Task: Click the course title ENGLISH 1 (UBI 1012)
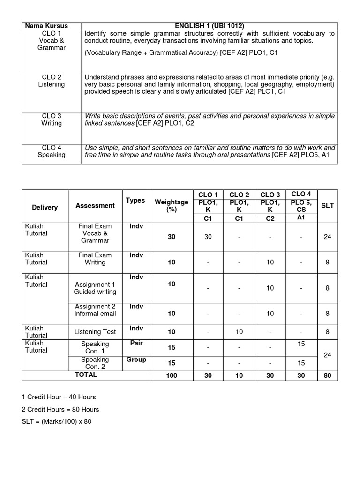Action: pyautogui.click(x=210, y=26)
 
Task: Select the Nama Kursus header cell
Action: pyautogui.click(x=52, y=26)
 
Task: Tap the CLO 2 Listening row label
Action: pyautogui.click(x=52, y=81)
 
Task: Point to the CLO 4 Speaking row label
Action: pyautogui.click(x=52, y=151)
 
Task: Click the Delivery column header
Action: pyautogui.click(x=45, y=207)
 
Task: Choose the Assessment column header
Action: pyautogui.click(x=95, y=205)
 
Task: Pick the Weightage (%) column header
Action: pyautogui.click(x=172, y=206)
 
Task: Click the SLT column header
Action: pyautogui.click(x=328, y=205)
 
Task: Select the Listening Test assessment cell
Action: pyautogui.click(x=95, y=332)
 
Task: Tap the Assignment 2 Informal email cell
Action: pyautogui.click(x=95, y=310)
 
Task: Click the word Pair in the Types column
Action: pyautogui.click(x=136, y=343)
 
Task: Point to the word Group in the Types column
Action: pyautogui.click(x=136, y=360)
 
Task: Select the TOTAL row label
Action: pyautogui.click(x=86, y=375)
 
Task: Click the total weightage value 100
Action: pyautogui.click(x=172, y=375)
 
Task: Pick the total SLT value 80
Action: pyautogui.click(x=328, y=375)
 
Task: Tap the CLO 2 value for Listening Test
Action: pyautogui.click(x=239, y=332)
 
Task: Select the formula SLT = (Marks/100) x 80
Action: pyautogui.click(x=57, y=421)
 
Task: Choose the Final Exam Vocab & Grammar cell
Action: pyautogui.click(x=95, y=233)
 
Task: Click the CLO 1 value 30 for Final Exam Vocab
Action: pyautogui.click(x=208, y=237)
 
